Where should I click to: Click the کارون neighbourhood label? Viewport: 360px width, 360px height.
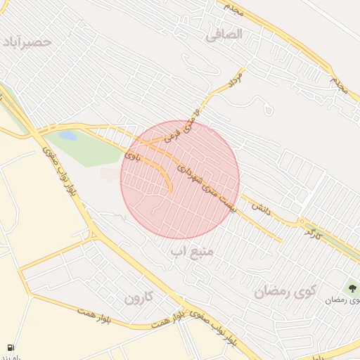[139, 297]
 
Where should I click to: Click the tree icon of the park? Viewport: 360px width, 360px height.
[351, 287]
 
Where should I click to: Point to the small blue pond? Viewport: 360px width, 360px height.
[68, 135]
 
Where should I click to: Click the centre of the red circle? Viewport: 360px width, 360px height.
[180, 180]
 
